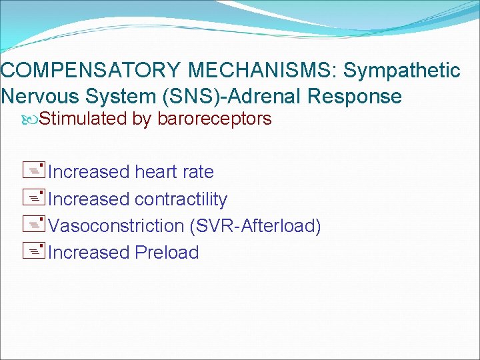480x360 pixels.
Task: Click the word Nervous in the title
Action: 40,97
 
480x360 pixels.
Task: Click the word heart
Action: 158,172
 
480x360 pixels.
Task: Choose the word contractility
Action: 181,199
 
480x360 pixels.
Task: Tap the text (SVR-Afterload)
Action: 255,226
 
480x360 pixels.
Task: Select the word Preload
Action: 167,253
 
